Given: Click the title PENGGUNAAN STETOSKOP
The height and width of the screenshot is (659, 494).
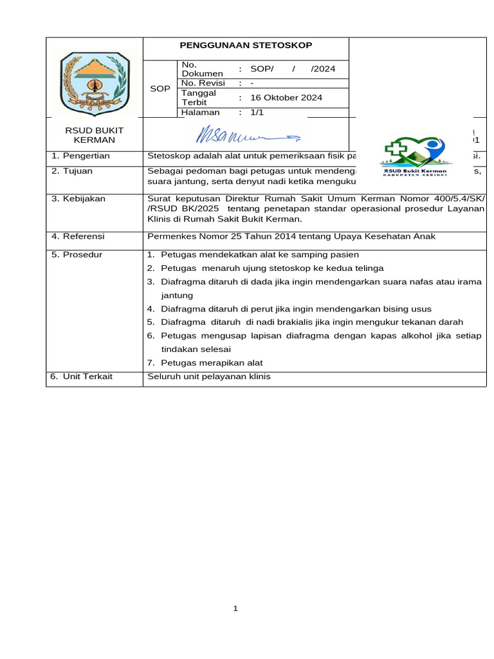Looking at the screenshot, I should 245,46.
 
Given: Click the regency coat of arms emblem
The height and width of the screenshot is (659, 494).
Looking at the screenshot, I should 95,79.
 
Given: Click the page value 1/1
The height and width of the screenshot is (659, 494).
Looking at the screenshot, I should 257,112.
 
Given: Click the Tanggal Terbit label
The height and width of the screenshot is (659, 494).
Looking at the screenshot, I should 199,98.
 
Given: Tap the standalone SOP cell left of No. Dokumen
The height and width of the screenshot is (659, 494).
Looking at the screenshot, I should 160,89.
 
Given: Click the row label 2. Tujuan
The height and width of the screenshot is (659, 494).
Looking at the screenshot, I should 72,171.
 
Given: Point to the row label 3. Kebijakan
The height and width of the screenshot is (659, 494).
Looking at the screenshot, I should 78,199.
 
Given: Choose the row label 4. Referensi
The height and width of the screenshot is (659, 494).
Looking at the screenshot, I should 78,236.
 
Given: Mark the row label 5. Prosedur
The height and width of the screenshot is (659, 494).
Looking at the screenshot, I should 77,255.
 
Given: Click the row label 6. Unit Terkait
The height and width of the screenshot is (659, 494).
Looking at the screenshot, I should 82,376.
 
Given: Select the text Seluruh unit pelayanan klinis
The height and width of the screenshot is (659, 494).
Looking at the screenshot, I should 209,376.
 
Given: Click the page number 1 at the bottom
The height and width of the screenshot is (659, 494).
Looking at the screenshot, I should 236,608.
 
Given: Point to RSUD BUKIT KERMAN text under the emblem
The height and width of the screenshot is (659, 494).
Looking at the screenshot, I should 95,135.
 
